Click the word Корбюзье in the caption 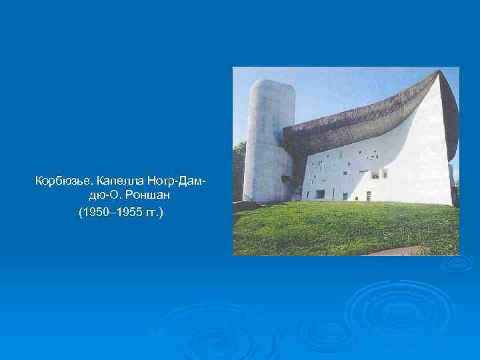(64, 181)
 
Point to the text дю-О (103, 197)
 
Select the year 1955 (127, 213)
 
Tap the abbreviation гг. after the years (155, 213)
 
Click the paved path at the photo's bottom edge (400, 251)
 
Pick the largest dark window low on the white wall (321, 193)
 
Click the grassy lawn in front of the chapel (333, 227)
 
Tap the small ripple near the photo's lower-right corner (459, 262)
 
